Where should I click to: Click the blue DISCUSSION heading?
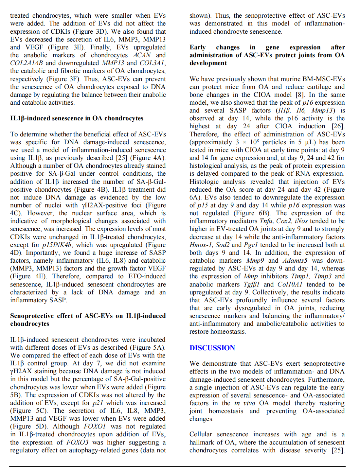tap(212, 348)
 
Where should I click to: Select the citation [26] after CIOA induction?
tap(337, 126)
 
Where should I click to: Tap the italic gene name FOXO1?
tap(95, 427)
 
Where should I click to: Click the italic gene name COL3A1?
tap(152, 63)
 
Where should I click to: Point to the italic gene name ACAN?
tap(142, 55)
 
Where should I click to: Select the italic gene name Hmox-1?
tap(200, 245)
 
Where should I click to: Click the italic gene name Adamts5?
tap(295, 261)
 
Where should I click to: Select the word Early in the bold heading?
tap(197, 47)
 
